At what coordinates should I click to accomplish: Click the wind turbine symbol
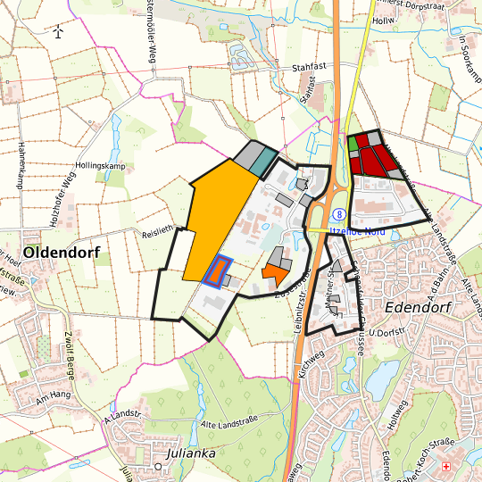pos(58,32)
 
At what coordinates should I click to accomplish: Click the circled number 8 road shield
pos(339,214)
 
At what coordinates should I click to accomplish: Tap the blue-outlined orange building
pos(217,270)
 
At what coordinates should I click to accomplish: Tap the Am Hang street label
pos(53,394)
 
